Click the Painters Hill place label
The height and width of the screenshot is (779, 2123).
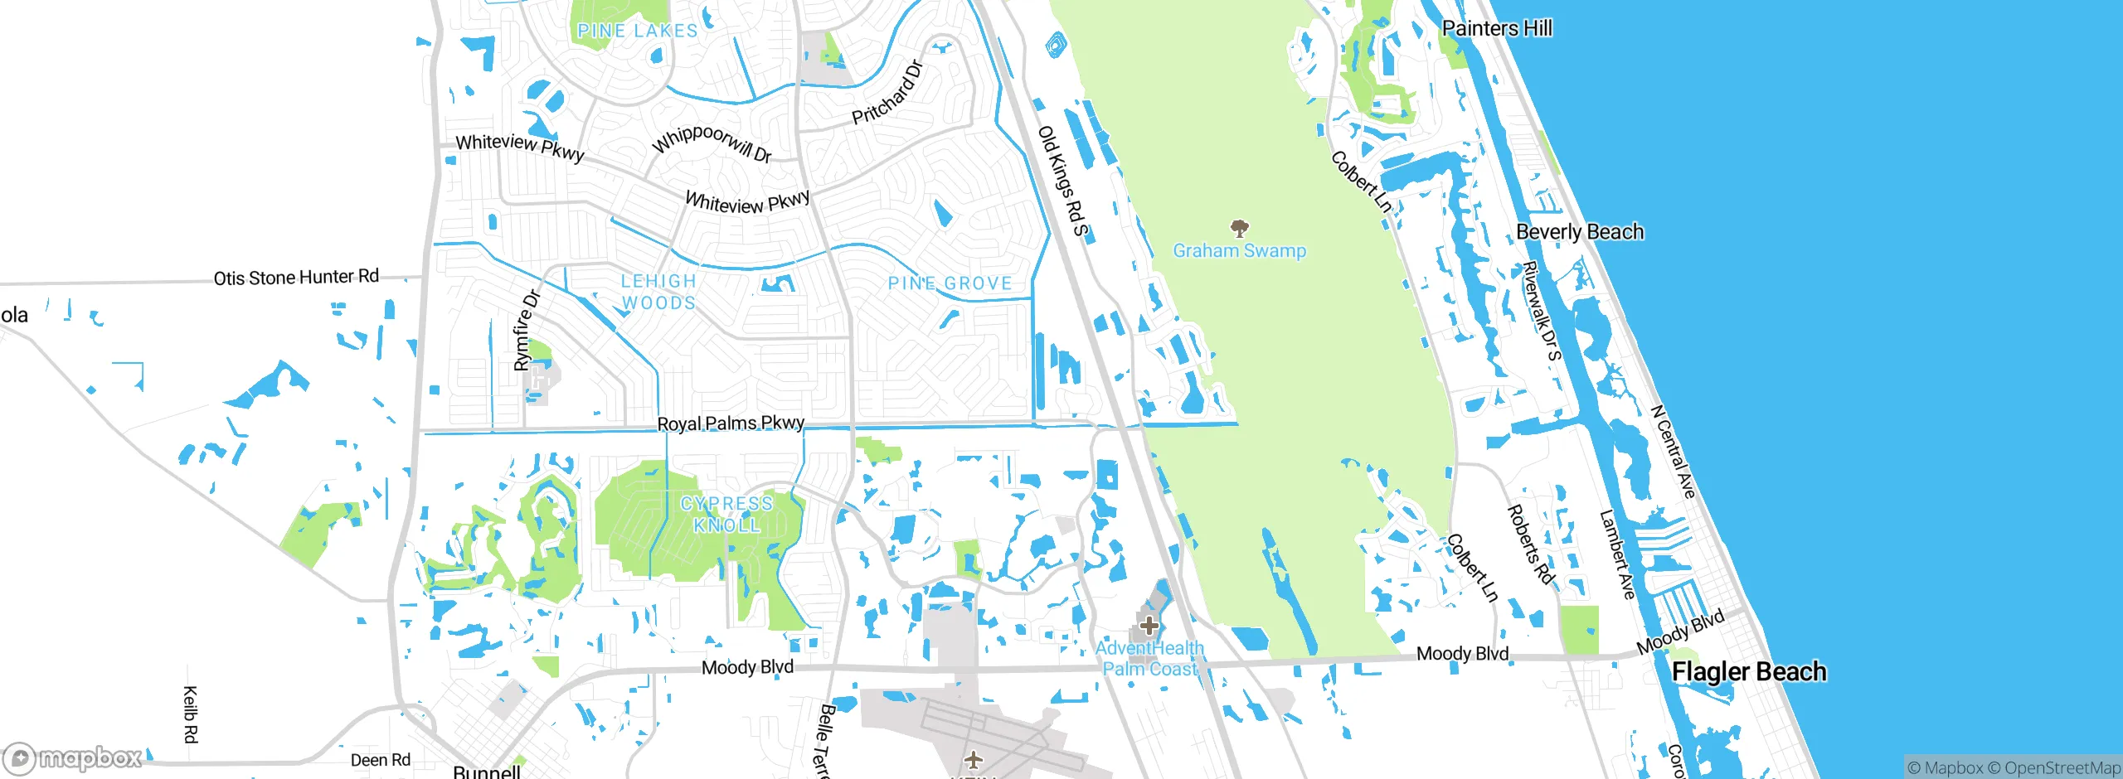1497,28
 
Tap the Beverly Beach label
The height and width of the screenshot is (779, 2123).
1579,232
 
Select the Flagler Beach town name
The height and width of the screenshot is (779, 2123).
1748,671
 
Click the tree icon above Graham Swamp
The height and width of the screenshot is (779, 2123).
1239,228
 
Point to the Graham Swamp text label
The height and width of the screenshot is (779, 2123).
1239,251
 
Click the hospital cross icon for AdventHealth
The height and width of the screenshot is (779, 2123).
1149,626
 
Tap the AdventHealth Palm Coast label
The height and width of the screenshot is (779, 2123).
1149,659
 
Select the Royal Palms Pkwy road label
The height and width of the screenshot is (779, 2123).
731,423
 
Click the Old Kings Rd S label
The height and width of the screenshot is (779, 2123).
1062,181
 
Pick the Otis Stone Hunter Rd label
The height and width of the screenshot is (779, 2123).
296,278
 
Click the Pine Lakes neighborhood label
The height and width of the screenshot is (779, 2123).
637,31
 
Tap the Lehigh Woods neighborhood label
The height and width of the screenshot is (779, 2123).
659,293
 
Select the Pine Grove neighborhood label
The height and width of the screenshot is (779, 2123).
950,283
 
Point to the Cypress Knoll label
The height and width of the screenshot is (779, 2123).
726,515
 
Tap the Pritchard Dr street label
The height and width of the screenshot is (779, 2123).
887,93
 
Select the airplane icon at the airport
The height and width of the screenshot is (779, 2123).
973,758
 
